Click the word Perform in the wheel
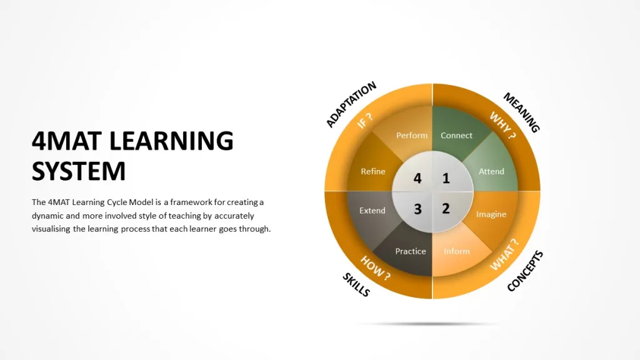412,136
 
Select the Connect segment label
456,136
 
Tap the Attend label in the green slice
491,171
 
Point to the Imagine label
491,214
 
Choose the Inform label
457,251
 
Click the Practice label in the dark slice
411,251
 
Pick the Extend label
372,211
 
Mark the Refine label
373,171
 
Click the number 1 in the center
446,178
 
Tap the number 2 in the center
446,209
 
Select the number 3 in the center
417,209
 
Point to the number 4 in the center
417,178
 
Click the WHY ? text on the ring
503,125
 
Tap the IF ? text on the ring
365,121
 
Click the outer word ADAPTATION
351,104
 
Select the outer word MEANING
522,112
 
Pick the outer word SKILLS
356,284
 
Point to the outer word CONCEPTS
525,271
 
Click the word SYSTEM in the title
79,171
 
